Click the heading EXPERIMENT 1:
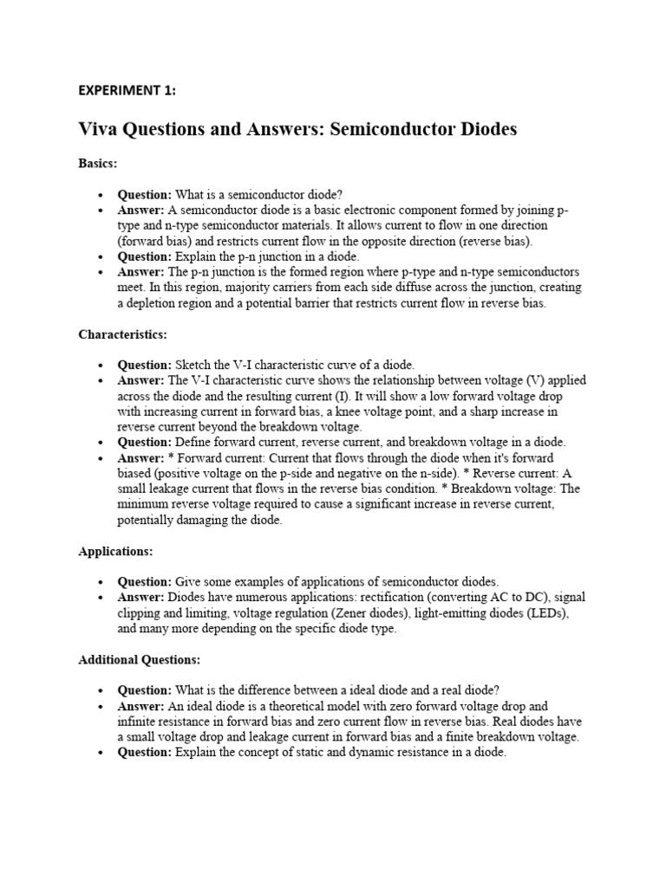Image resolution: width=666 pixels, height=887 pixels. [127, 90]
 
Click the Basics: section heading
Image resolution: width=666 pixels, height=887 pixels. [97, 163]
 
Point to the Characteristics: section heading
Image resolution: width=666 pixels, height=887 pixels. [122, 333]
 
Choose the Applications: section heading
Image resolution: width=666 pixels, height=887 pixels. [115, 551]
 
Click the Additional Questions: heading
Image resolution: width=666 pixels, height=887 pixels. [139, 659]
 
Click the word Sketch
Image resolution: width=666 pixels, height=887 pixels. [195, 365]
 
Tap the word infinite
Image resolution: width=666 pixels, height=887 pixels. [139, 722]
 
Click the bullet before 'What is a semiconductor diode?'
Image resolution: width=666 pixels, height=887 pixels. [101, 195]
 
